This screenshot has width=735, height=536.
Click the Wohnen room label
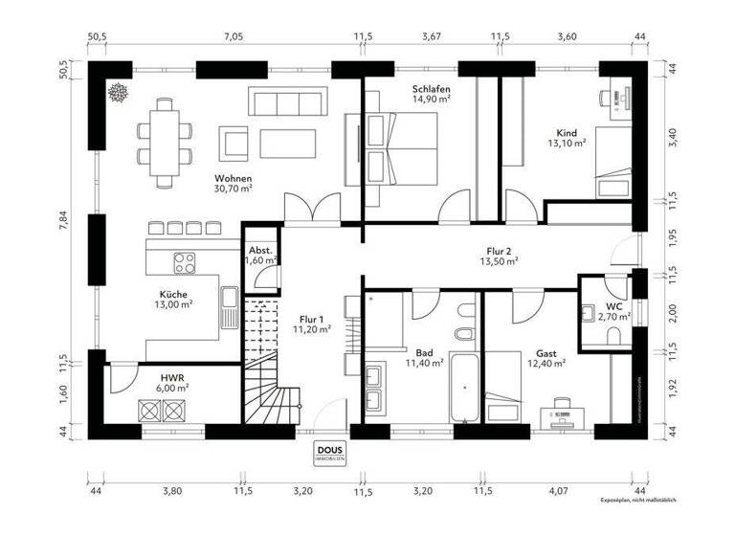(x=234, y=179)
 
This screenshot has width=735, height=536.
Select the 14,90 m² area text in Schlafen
(x=431, y=99)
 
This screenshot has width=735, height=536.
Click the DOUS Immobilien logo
(x=328, y=453)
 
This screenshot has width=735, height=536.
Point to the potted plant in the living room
(x=121, y=94)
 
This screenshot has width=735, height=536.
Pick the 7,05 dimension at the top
(x=234, y=36)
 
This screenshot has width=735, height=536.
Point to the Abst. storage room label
(x=260, y=249)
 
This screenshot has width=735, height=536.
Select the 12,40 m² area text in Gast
(x=546, y=364)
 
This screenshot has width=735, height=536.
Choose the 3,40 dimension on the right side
(x=672, y=136)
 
